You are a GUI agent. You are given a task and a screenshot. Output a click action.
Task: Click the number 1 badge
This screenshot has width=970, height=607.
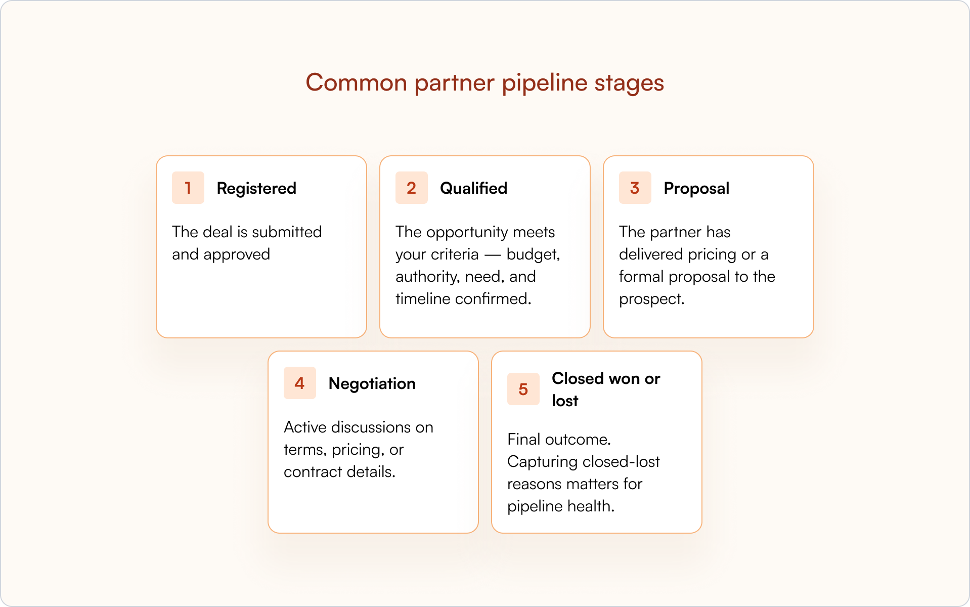click(188, 188)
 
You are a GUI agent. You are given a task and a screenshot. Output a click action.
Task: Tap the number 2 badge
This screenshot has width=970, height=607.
click(411, 188)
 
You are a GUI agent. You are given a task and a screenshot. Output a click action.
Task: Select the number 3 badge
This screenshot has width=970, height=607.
click(635, 188)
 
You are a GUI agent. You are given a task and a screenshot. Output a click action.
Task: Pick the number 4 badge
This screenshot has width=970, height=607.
click(299, 383)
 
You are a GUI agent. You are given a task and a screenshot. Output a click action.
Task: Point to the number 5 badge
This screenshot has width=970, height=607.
click(523, 389)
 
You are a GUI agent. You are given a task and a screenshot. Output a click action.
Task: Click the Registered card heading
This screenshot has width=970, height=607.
click(256, 188)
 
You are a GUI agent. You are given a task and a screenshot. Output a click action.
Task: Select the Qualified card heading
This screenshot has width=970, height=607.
click(473, 188)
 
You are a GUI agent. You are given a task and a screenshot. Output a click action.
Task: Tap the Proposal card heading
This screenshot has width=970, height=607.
click(696, 188)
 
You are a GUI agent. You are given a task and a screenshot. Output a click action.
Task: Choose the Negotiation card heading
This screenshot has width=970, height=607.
click(372, 383)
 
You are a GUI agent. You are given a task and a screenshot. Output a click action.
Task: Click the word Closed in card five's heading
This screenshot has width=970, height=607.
click(578, 378)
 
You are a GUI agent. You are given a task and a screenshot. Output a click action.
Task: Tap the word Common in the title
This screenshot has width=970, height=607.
click(356, 82)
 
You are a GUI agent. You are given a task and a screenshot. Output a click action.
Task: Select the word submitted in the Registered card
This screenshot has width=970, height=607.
click(287, 232)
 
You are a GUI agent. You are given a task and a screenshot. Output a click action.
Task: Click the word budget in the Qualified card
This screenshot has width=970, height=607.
click(533, 254)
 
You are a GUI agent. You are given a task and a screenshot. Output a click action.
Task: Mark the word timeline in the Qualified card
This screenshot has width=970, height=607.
click(423, 298)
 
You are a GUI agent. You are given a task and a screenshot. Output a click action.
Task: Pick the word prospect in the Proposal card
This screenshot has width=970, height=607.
click(651, 299)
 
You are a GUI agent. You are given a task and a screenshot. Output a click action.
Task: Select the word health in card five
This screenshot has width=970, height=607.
click(590, 506)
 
